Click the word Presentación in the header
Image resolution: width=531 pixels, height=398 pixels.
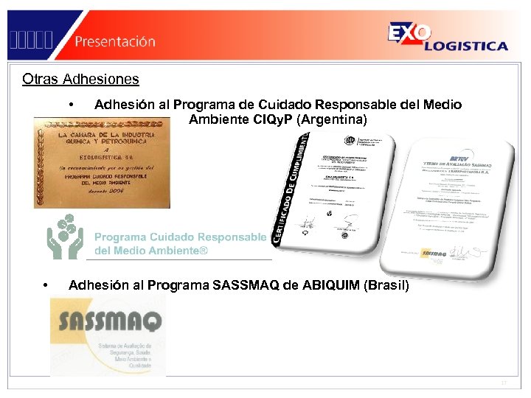point(114,41)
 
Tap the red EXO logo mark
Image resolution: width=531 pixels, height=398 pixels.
point(405,34)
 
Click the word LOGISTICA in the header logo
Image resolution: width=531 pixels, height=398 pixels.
point(466,46)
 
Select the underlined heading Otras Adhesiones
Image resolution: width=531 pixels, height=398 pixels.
point(80,79)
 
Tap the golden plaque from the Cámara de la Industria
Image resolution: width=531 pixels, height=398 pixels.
point(102,162)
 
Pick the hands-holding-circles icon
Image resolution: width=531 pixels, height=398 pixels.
point(66,235)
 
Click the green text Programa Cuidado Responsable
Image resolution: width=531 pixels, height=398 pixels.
point(180,237)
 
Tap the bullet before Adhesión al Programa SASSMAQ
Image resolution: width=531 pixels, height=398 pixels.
point(46,285)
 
